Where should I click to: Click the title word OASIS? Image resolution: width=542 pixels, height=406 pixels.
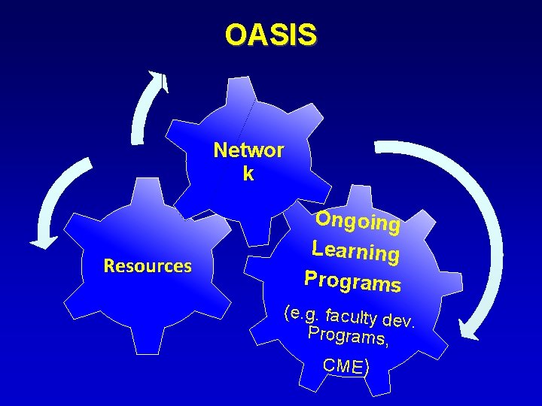[271, 35]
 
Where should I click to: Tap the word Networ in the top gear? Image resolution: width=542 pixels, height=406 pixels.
[248, 150]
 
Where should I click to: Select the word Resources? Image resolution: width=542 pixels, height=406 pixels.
[148, 266]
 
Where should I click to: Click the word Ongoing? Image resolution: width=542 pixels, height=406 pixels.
[357, 221]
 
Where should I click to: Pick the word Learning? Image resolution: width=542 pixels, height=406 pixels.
[355, 250]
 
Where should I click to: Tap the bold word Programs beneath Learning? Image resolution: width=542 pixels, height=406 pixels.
[352, 280]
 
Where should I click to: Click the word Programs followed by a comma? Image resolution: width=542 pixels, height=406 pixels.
[348, 338]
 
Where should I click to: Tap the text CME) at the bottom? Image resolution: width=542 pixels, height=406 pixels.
[346, 366]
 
